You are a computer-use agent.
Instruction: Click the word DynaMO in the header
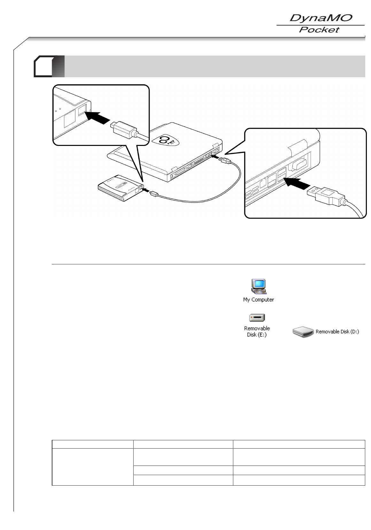[x=320, y=18]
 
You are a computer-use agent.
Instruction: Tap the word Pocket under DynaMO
[x=319, y=30]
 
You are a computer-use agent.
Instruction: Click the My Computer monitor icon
[x=259, y=286]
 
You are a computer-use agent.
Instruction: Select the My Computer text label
[x=258, y=299]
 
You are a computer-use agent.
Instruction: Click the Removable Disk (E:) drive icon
[x=257, y=318]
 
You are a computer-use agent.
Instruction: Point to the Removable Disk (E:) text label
[x=257, y=331]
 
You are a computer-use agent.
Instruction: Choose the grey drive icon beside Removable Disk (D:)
[x=303, y=332]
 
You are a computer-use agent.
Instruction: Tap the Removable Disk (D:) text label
[x=337, y=332]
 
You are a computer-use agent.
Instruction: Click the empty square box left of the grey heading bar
[x=44, y=66]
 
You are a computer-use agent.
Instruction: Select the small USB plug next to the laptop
[x=225, y=160]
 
